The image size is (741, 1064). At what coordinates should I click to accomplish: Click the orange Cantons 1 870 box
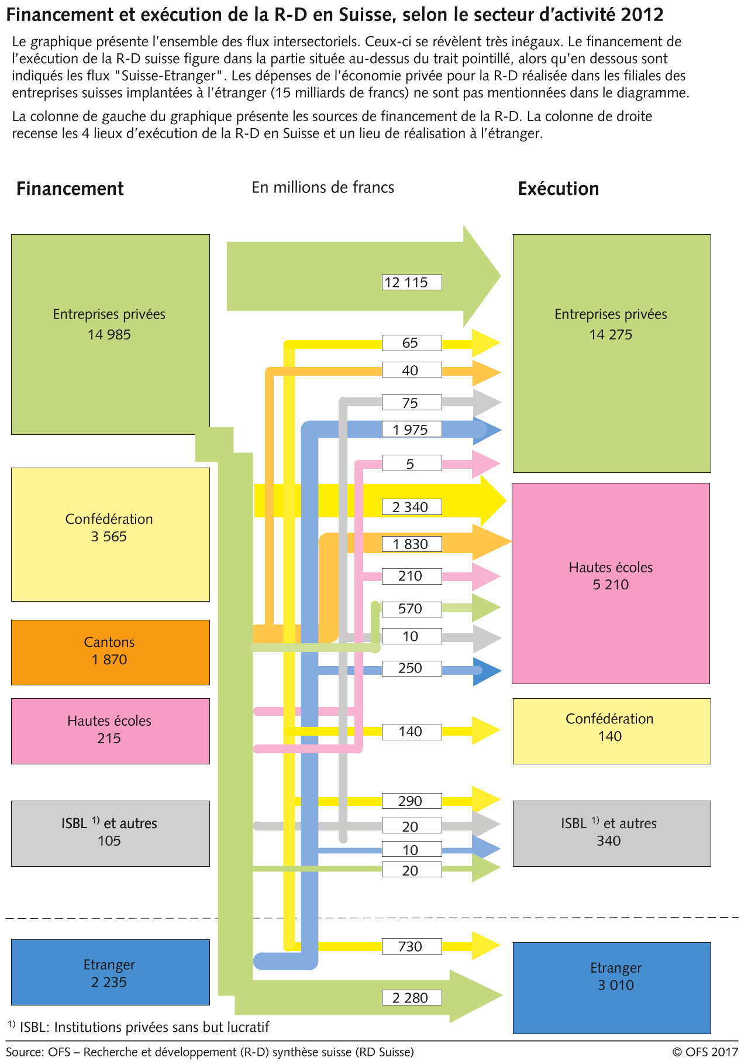pos(110,652)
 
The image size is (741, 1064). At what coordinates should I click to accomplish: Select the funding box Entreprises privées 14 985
pos(110,334)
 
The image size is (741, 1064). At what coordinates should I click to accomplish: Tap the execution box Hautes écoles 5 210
pos(611,583)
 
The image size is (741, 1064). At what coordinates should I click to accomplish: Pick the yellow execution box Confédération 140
pos(611,730)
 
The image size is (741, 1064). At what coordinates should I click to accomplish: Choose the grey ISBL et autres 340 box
pos(611,833)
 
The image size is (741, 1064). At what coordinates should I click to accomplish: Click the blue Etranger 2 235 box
pos(110,972)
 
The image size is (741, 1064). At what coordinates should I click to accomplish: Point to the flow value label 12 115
pos(411,283)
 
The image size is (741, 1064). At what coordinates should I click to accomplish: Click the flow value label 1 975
pos(411,430)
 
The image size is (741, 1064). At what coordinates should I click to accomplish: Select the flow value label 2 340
pos(411,507)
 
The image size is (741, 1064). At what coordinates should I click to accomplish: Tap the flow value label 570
pos(411,609)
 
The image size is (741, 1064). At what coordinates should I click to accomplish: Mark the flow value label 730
pos(411,946)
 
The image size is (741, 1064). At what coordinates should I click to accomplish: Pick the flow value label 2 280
pos(411,997)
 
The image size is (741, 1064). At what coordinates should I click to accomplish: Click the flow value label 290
pos(411,801)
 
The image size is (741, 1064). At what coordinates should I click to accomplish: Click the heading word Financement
pos(70,189)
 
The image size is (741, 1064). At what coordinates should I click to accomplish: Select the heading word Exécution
pos(558,189)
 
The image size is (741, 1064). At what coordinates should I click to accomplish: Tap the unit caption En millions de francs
pos(323,187)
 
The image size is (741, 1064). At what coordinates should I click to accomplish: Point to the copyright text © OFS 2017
pos(705,1052)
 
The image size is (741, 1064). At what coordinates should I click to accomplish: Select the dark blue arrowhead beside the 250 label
pos(487,671)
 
